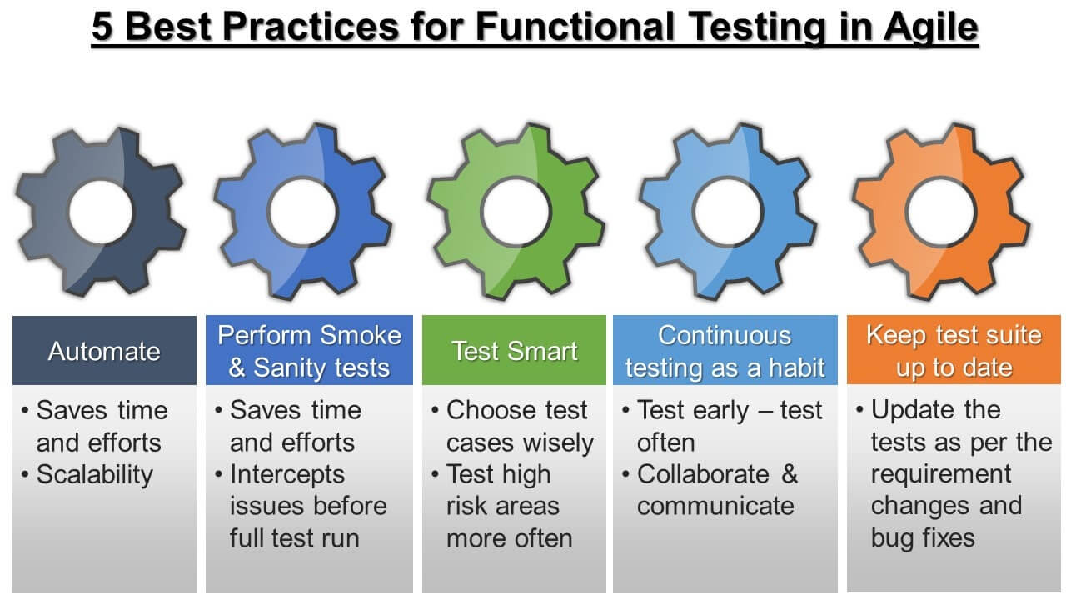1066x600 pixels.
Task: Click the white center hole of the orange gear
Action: point(940,212)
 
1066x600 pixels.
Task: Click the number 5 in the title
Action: point(102,28)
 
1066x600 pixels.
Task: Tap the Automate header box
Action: point(104,351)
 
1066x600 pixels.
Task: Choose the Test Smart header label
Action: point(514,351)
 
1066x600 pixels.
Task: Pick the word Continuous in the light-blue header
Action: point(725,335)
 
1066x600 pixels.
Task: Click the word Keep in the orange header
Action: point(894,335)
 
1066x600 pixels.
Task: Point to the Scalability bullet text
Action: point(95,474)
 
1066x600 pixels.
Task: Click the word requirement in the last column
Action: point(941,474)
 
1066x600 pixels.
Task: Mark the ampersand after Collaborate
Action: point(790,474)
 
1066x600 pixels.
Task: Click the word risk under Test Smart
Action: point(466,507)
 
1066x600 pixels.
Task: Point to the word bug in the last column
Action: point(892,538)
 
